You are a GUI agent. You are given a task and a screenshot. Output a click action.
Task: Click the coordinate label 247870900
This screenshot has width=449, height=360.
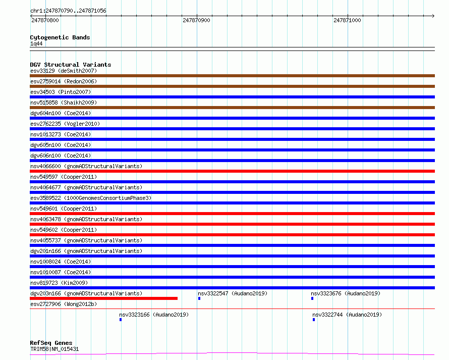tap(196, 20)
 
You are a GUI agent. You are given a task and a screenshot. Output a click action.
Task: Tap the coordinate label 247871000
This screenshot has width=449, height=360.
tap(347, 20)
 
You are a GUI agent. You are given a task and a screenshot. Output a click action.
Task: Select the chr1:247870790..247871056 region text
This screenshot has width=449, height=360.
tap(68, 11)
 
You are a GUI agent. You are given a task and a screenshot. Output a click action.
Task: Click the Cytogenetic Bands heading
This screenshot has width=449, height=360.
tap(60, 37)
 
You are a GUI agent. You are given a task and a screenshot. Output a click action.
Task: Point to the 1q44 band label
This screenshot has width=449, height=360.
tap(36, 43)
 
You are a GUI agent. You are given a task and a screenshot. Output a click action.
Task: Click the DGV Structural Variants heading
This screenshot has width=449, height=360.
tap(71, 65)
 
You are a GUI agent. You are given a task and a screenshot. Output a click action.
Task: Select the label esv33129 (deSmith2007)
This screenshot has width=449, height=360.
tap(64, 71)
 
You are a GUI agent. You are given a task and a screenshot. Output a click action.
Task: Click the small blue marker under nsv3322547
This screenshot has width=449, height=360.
tap(199, 298)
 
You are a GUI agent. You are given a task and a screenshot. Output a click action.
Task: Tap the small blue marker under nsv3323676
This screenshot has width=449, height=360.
tap(312, 298)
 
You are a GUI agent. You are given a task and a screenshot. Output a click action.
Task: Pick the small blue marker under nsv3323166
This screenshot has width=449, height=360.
tap(121, 320)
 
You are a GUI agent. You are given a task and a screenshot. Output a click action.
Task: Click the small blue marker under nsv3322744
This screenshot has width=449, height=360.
tap(314, 320)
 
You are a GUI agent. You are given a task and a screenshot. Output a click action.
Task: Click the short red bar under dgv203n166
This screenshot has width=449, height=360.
tap(103, 298)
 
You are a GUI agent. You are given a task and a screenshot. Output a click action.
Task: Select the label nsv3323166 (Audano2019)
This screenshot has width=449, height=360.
tap(154, 315)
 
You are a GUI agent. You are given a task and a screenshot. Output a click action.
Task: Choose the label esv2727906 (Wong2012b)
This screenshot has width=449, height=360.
tap(64, 304)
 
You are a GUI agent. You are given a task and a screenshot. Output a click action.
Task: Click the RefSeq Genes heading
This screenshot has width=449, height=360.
tap(51, 343)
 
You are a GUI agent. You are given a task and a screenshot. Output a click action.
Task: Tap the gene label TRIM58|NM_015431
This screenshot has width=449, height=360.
tap(54, 349)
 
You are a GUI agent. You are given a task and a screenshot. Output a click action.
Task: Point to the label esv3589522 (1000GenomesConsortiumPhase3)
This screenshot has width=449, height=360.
tap(91, 198)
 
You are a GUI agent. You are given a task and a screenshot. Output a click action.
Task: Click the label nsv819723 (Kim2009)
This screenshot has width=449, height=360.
tap(59, 283)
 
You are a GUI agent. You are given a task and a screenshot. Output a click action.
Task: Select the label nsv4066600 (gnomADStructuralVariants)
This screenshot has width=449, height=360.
tap(86, 166)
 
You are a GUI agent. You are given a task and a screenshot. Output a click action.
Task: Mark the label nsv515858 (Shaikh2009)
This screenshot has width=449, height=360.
tap(64, 102)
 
